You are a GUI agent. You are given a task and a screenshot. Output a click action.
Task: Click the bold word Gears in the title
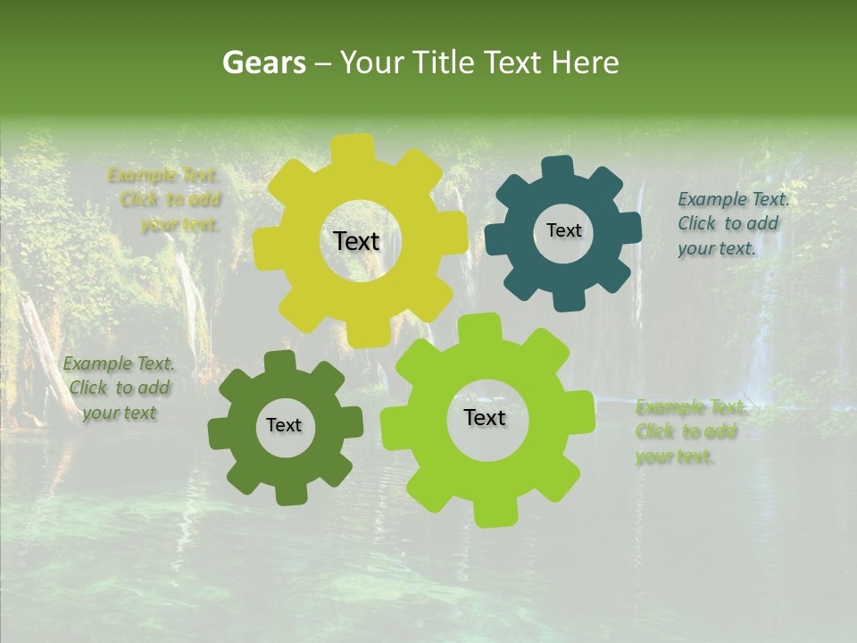[x=263, y=63]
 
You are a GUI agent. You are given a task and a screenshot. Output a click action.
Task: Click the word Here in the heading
[x=585, y=63]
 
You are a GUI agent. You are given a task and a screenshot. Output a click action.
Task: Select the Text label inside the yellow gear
[x=356, y=241]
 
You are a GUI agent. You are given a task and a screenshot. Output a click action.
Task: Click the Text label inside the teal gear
[x=563, y=230]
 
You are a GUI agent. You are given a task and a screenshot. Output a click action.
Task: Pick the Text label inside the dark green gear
[x=284, y=425]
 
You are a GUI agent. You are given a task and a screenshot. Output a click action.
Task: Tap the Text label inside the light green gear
[x=485, y=417]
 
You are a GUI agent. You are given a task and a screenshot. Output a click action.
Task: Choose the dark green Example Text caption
[x=119, y=388]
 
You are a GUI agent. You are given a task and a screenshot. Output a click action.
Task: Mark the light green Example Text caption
[x=689, y=432]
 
